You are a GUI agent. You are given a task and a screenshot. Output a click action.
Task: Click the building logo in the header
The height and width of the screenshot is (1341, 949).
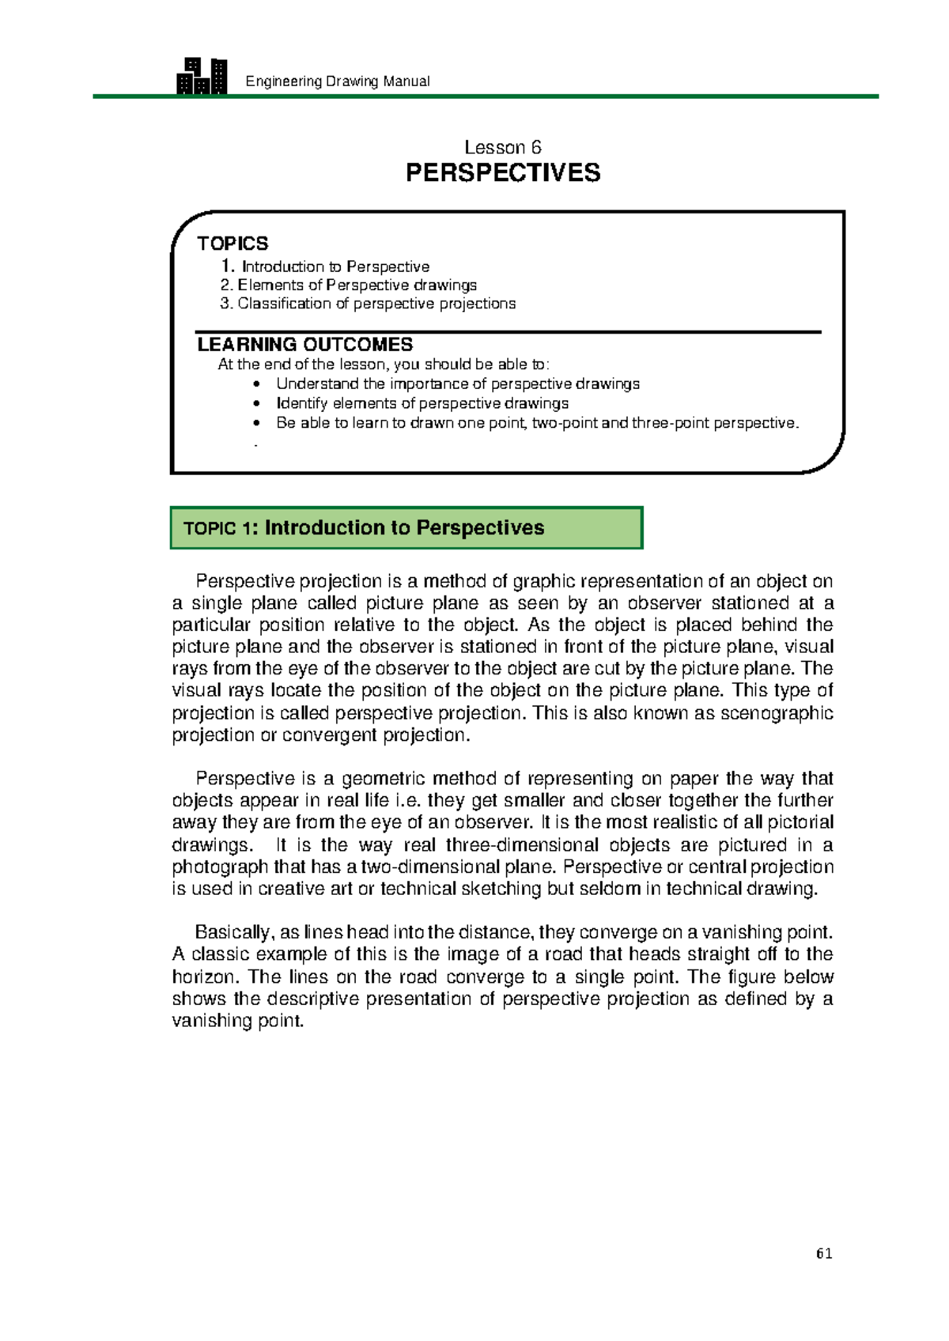tap(202, 76)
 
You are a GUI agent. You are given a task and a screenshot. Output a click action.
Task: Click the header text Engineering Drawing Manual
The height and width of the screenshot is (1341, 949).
tap(338, 81)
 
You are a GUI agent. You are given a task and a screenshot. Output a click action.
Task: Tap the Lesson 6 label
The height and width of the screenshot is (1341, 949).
tap(502, 148)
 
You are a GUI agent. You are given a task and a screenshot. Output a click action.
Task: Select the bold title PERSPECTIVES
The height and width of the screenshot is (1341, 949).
tap(502, 173)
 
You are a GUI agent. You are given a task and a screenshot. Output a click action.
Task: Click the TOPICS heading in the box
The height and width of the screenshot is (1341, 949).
tap(233, 244)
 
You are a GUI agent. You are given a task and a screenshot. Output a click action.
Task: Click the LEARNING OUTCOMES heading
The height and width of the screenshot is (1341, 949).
tap(304, 345)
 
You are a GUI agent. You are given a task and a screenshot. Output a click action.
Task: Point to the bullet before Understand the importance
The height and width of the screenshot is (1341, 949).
tap(256, 384)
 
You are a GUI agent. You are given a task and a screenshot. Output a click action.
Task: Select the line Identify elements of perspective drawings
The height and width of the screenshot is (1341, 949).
tap(422, 403)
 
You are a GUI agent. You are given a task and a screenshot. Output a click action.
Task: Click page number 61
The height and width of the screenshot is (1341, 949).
tap(824, 1253)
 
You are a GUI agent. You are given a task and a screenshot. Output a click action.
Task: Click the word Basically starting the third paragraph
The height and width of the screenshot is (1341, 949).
tap(233, 932)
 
